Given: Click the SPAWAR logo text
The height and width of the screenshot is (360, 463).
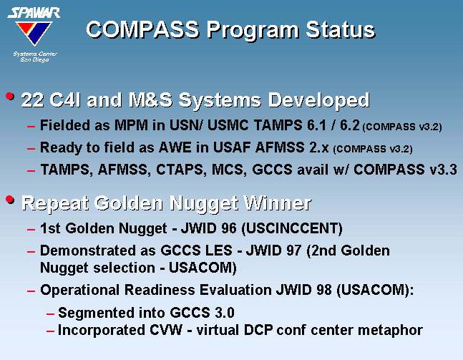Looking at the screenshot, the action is pos(34,13).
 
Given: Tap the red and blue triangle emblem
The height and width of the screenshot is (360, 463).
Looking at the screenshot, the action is pos(34,32).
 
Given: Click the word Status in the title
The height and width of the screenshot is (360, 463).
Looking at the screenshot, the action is pos(341,29).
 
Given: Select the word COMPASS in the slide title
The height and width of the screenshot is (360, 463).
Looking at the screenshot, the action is pos(143,29).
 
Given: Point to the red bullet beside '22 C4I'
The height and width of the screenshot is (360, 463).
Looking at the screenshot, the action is pos(10,97).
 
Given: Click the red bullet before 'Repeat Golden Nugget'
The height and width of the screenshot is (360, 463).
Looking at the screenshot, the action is pos(10,200).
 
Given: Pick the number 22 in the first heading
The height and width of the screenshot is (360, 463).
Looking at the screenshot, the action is pos(32,99).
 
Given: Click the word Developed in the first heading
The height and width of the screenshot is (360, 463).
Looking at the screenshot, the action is pos(318,100).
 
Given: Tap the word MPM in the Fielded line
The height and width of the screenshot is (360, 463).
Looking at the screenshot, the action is pos(131,125).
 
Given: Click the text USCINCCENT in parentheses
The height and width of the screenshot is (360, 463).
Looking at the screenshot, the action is pos(292,228).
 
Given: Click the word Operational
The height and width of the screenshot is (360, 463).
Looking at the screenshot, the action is pos(79,291).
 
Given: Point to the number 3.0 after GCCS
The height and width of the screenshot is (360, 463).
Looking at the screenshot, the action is pos(225,313).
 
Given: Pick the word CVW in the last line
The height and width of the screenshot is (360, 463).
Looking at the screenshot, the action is pos(166,330).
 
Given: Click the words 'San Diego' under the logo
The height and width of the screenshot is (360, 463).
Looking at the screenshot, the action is pos(34,59).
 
